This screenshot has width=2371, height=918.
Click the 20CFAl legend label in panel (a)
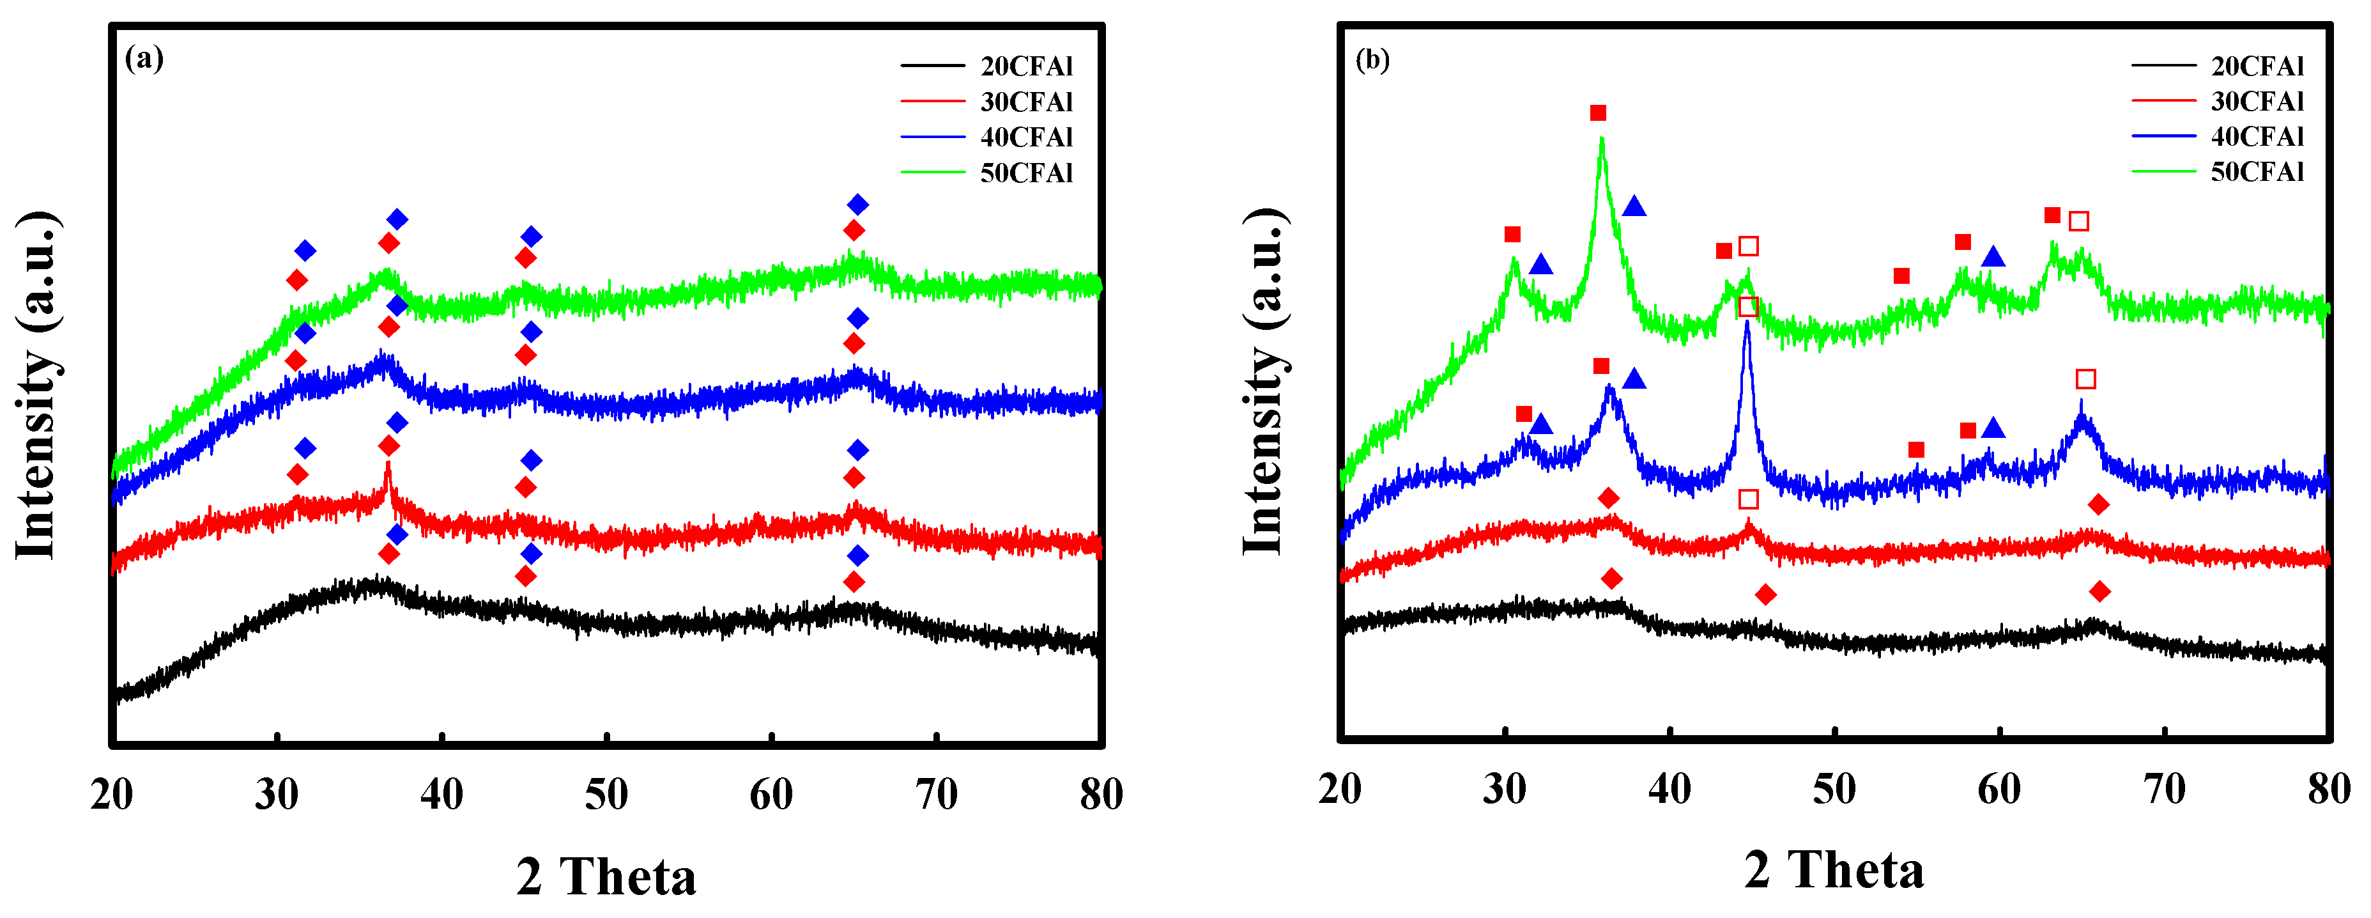1026,66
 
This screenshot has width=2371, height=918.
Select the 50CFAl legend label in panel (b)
2257,172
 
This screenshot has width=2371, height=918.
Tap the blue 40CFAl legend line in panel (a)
932,137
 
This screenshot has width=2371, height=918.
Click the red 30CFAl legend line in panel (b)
2163,101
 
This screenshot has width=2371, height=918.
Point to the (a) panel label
144,58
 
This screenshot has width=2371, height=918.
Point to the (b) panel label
1372,60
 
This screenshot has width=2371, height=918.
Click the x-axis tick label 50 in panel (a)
606,794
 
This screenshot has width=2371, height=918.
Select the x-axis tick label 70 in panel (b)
2164,789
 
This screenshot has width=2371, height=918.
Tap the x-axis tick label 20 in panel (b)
1340,789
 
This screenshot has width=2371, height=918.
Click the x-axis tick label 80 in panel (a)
1101,794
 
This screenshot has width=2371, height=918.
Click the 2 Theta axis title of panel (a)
606,876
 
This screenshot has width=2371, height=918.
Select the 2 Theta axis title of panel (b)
1834,869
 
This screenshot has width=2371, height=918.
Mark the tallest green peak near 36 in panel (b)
1602,141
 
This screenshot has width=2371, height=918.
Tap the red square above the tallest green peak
1598,113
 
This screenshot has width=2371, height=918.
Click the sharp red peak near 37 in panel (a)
387,465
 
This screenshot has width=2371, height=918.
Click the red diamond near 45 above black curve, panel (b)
1765,595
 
